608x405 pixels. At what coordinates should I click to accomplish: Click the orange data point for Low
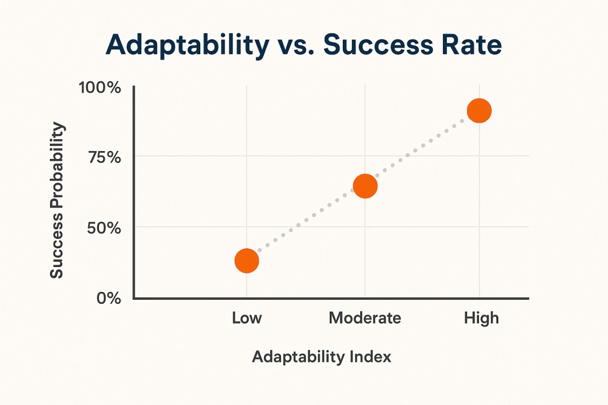click(247, 261)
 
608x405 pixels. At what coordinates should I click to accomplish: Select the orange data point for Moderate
click(365, 186)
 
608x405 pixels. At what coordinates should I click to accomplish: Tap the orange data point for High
click(479, 111)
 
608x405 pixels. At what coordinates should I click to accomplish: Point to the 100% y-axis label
click(100, 88)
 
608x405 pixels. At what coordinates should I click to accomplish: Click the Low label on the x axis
click(247, 318)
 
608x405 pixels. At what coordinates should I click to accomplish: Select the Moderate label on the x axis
click(365, 318)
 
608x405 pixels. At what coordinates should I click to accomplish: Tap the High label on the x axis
click(481, 318)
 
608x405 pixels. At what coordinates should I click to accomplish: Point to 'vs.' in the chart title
click(295, 46)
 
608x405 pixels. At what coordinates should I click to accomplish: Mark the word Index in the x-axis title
click(370, 357)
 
